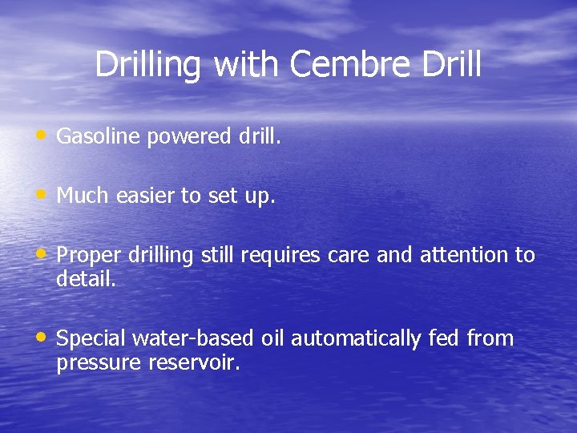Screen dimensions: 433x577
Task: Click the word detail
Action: pos(86,279)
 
